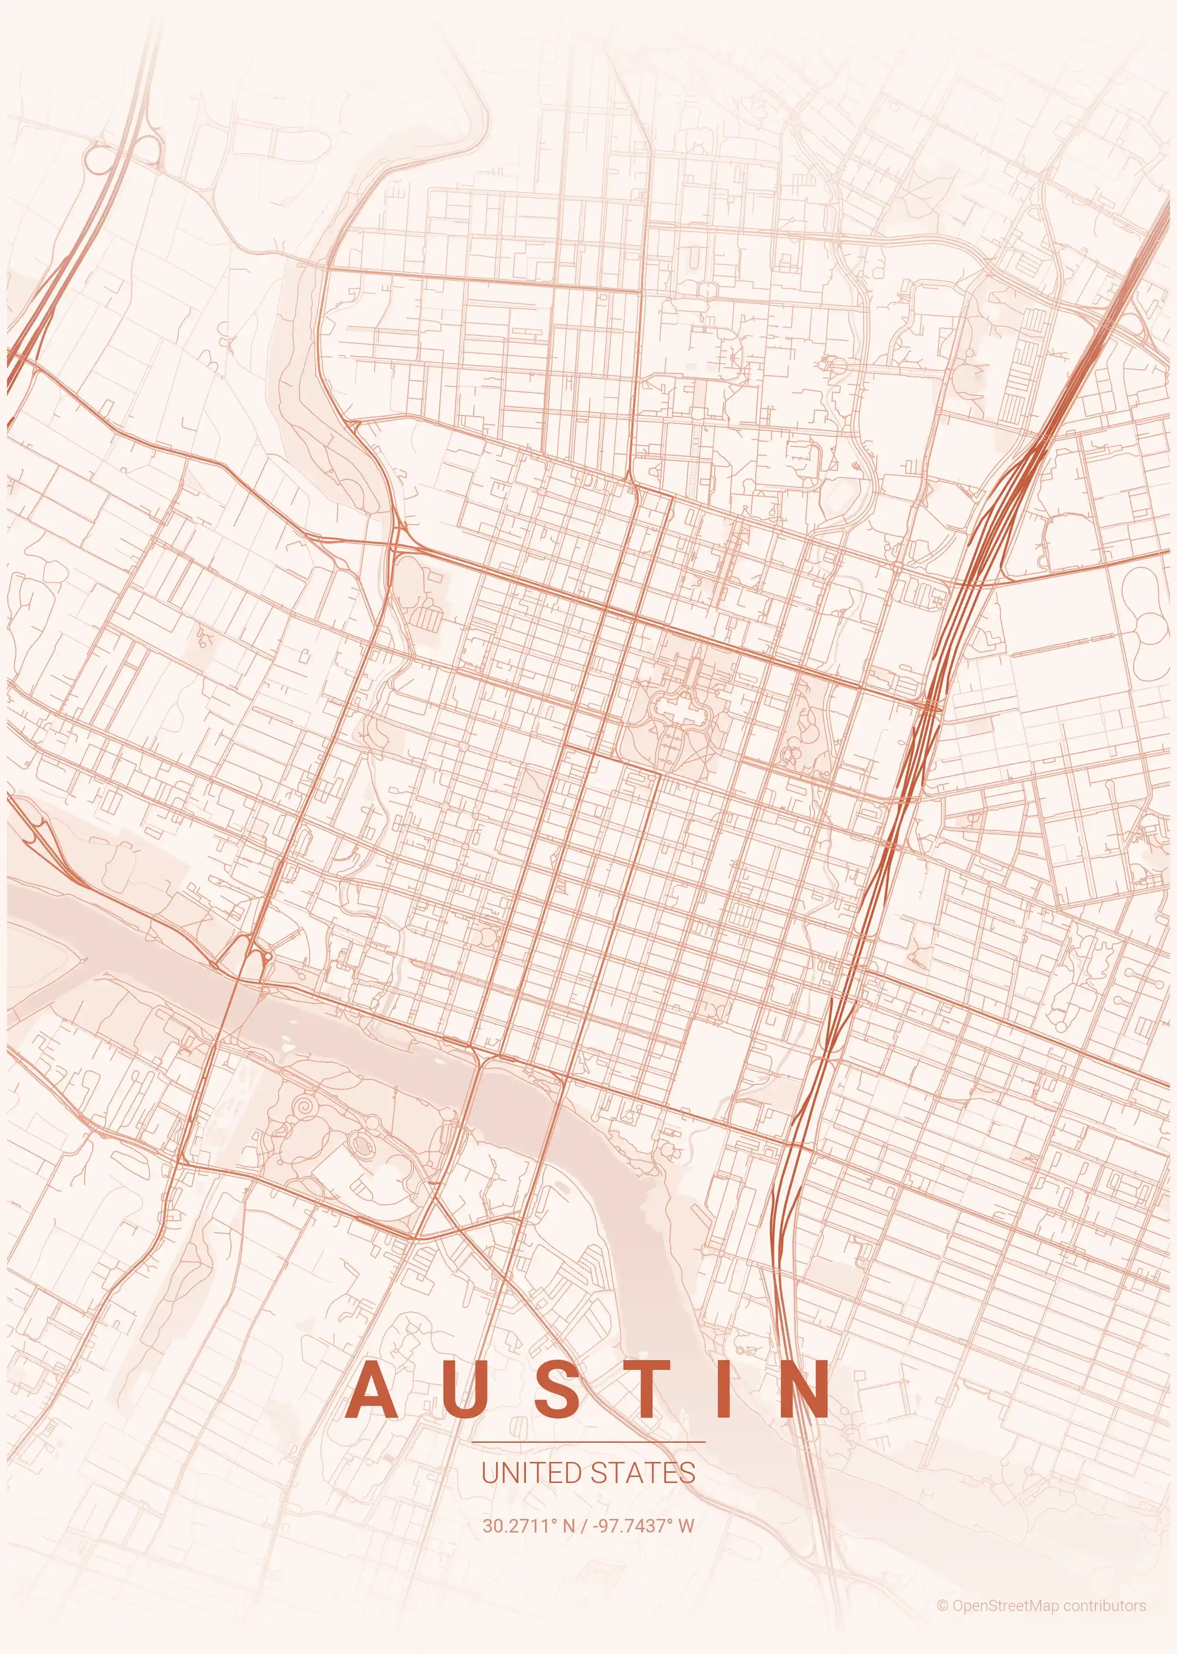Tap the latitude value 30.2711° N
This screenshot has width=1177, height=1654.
528,1526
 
